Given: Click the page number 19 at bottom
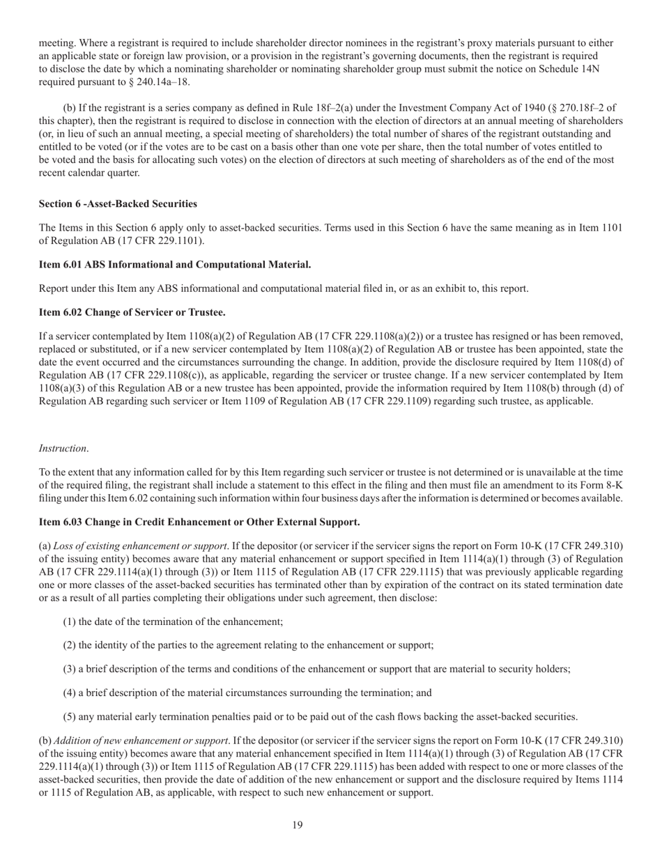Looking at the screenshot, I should (x=298, y=826).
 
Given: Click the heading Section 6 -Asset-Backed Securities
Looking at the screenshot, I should (x=118, y=204).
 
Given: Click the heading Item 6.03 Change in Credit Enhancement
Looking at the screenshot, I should (x=199, y=522).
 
